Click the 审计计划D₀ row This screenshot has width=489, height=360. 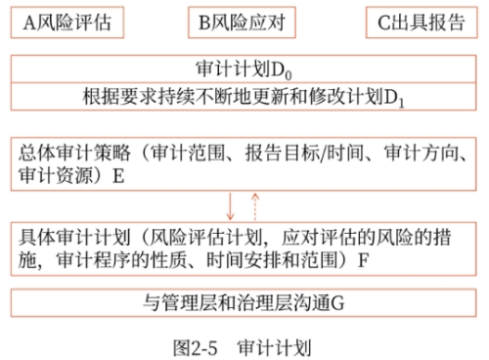pyautogui.click(x=244, y=71)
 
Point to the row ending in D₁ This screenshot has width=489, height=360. pyautogui.click(x=244, y=99)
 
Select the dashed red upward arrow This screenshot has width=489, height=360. pyautogui.click(x=255, y=206)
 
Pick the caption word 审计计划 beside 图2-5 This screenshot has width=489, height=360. pyautogui.click(x=277, y=343)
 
